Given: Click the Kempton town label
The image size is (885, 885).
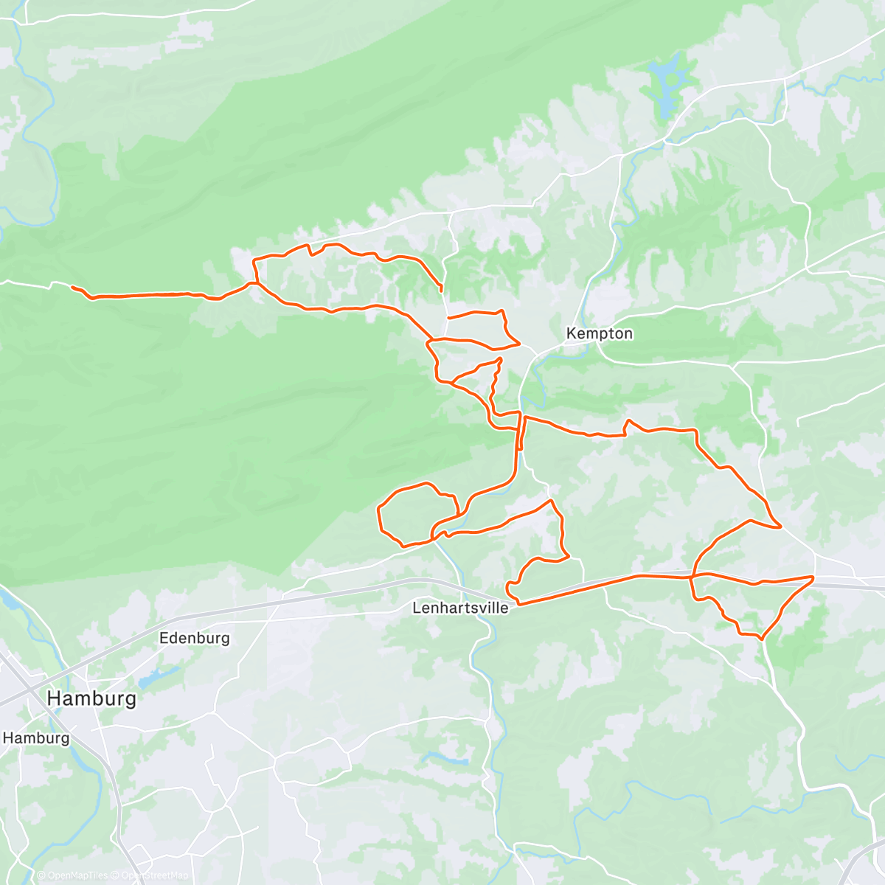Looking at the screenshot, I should pyautogui.click(x=599, y=333).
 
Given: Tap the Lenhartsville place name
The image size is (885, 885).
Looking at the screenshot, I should pyautogui.click(x=460, y=608).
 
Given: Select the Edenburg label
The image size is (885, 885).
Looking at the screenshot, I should pyautogui.click(x=195, y=638).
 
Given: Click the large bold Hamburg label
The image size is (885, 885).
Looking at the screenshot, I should pyautogui.click(x=91, y=698).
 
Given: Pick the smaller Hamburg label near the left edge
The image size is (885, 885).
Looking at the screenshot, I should pyautogui.click(x=36, y=737).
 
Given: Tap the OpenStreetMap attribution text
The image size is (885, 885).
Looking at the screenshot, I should pyautogui.click(x=155, y=875).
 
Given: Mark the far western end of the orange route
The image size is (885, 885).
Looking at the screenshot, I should pyautogui.click(x=72, y=287).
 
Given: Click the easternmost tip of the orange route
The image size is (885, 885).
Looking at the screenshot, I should pyautogui.click(x=813, y=577).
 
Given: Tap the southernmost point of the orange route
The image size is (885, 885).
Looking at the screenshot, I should pyautogui.click(x=761, y=638).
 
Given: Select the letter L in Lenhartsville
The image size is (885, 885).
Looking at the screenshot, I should pyautogui.click(x=417, y=608).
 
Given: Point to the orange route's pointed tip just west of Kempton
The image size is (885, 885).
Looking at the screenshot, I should pyautogui.click(x=520, y=344).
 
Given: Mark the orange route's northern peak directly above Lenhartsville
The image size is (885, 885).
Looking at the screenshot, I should pyautogui.click(x=551, y=501).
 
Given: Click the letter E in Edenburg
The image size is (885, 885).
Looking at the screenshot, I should pyautogui.click(x=164, y=638).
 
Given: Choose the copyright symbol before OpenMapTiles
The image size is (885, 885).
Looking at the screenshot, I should pyautogui.click(x=41, y=875).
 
